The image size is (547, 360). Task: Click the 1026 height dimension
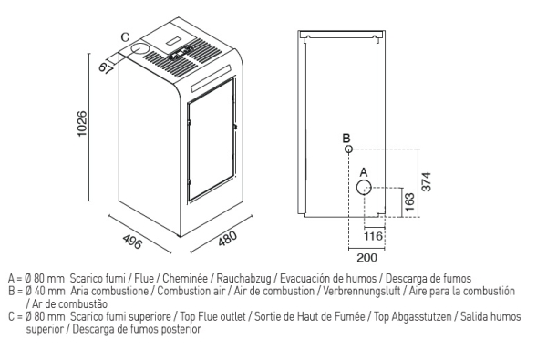[x=82, y=124]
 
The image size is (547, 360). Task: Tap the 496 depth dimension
[x=132, y=242]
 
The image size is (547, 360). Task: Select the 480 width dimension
[x=227, y=238]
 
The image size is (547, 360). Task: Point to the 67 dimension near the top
[x=105, y=67]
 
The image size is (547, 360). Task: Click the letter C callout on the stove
[x=125, y=37]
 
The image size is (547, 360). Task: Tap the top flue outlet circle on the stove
[x=139, y=49]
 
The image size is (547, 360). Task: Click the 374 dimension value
[x=427, y=181]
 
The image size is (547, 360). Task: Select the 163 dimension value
[x=410, y=202]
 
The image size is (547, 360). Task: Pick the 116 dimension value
[x=373, y=236]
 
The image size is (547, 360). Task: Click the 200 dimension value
[x=367, y=258]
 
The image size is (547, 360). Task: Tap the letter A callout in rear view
[x=364, y=172]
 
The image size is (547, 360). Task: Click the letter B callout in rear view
[x=346, y=139]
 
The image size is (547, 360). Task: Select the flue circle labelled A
[x=364, y=188]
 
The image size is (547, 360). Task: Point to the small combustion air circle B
[x=348, y=149]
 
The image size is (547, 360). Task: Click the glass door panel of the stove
[x=211, y=139]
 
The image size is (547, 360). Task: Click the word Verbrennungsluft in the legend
[x=361, y=291]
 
